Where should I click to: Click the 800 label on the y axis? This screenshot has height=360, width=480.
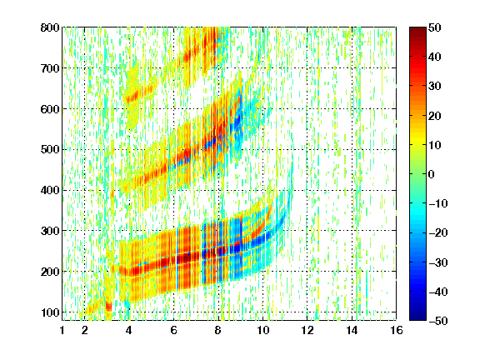50,27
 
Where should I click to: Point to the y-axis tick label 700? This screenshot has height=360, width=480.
50,68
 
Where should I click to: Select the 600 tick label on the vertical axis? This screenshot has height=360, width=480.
50,109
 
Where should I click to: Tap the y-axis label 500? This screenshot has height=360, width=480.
50,150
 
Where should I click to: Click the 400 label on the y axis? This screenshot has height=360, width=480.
50,190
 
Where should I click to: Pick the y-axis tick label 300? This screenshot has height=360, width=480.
50,231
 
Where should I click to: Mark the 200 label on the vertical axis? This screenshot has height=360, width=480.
50,272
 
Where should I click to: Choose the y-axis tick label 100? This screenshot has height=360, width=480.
50,312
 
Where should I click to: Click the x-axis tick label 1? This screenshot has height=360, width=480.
62,330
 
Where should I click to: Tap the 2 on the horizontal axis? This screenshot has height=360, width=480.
84,330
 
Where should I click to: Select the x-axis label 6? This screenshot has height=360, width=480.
173,330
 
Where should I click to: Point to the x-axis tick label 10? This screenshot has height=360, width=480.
262,330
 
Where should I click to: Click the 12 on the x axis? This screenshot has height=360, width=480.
307,330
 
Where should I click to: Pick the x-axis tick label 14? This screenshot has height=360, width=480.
352,330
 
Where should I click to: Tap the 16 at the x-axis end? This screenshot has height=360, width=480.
397,330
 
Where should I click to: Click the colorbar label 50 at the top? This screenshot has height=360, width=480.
435,27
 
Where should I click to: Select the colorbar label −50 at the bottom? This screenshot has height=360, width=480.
438,321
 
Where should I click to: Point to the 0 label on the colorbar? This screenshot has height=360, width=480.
432,174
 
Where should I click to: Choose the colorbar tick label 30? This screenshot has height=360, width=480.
435,86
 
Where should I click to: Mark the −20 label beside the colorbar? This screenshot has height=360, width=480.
438,232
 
